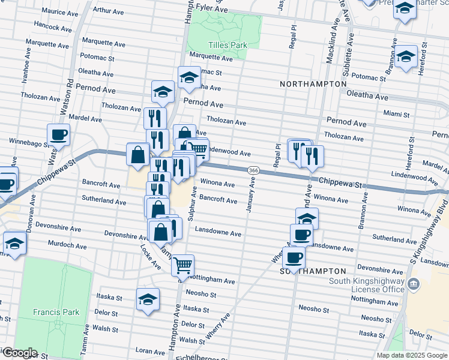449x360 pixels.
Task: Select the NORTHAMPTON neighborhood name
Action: coord(313,84)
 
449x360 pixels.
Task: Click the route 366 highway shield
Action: coord(254,171)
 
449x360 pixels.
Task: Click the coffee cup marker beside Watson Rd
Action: coord(59,136)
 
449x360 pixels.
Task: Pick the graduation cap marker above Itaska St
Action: coord(148,300)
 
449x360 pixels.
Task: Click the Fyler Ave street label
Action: coord(211,9)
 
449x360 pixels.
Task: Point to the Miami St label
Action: coord(396,113)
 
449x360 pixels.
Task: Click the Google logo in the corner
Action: coord(19,353)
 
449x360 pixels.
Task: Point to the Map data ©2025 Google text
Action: coord(411,355)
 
